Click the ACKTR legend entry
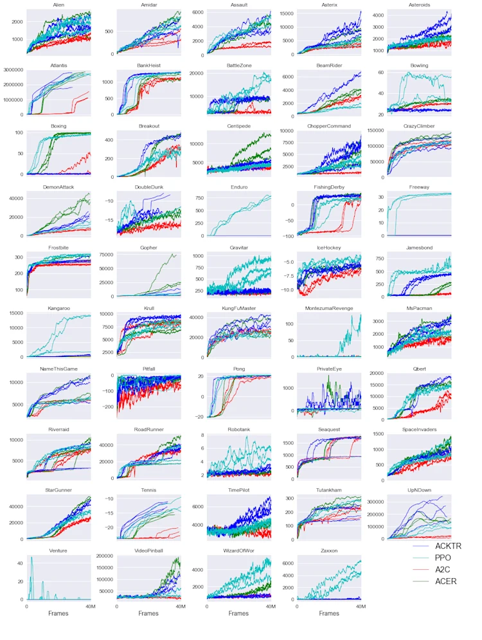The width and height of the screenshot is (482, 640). point(448,546)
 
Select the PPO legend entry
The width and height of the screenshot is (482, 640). point(442,558)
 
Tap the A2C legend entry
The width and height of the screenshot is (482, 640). point(443,569)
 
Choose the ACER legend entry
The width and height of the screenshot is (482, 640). point(445,581)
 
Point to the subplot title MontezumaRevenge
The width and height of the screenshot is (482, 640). point(329,309)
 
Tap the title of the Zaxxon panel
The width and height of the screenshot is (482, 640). point(329,551)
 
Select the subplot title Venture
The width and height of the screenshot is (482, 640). point(58,551)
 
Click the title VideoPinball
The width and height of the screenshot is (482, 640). point(148,551)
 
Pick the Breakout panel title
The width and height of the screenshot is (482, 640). point(148,126)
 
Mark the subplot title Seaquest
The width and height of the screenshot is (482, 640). point(329,430)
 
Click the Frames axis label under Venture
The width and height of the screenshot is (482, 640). point(58,614)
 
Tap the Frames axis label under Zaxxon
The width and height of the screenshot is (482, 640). point(329,614)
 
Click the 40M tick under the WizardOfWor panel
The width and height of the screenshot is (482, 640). point(271,606)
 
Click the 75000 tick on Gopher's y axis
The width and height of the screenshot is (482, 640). point(105,255)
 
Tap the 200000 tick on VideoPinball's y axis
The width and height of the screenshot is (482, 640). point(103,556)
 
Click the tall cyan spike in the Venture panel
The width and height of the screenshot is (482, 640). point(31,558)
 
